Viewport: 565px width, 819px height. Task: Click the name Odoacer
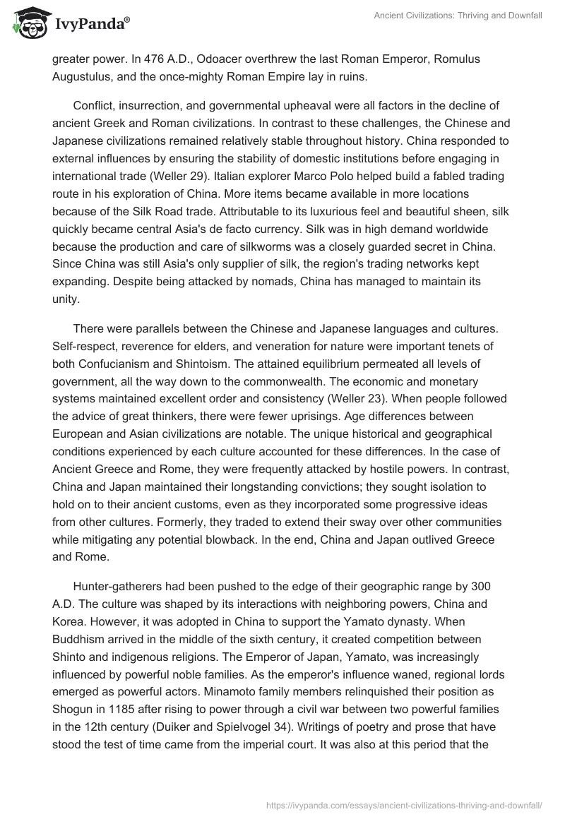[218, 60]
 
